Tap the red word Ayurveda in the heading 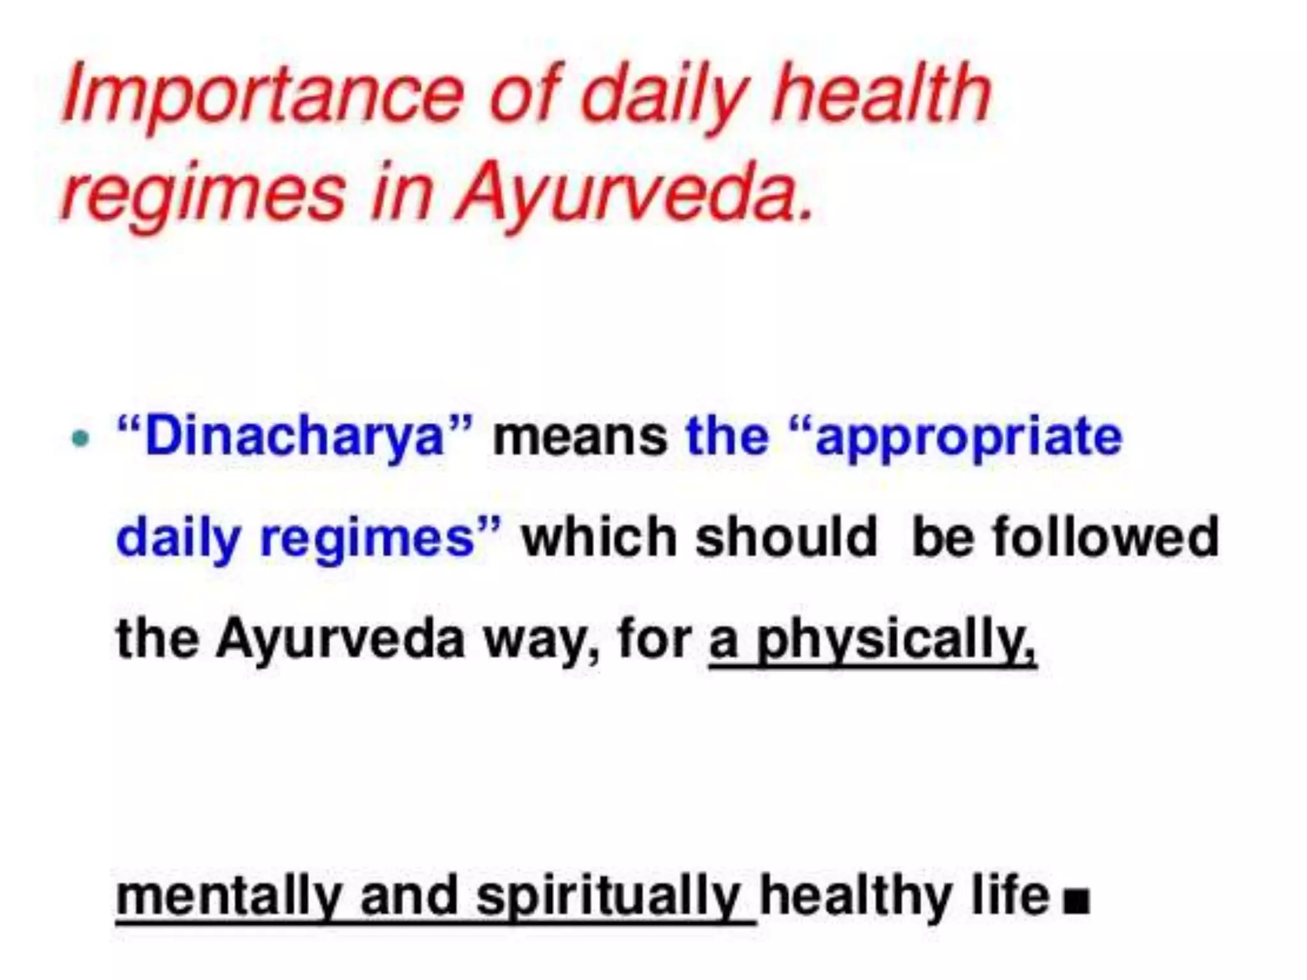tap(635, 191)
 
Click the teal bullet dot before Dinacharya tap(80, 438)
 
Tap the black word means tap(581, 437)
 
